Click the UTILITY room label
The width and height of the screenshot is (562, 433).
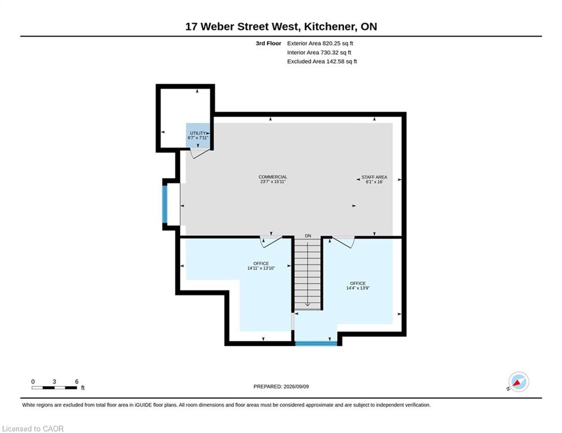[x=198, y=135]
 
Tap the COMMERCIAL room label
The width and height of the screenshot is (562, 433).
[x=273, y=179]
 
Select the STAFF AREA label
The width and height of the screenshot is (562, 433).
[x=374, y=179]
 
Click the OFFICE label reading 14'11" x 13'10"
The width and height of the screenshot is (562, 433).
[x=261, y=266]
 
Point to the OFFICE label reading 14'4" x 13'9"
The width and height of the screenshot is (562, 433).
[x=358, y=285]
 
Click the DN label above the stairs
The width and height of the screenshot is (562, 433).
[x=308, y=236]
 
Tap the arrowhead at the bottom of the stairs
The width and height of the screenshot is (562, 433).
[x=307, y=304]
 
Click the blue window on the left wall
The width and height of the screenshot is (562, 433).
[x=165, y=204]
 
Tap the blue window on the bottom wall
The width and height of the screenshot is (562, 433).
[x=316, y=343]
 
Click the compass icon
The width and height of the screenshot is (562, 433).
[x=519, y=382]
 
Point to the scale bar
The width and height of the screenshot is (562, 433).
[x=54, y=387]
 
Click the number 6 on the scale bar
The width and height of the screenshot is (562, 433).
[x=76, y=382]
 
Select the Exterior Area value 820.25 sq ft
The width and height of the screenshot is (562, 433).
[x=338, y=43]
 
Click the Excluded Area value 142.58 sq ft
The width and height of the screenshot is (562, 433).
[x=342, y=61]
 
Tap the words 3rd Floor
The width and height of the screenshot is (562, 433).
[x=268, y=43]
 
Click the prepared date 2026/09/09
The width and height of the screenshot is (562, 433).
[x=296, y=386]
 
